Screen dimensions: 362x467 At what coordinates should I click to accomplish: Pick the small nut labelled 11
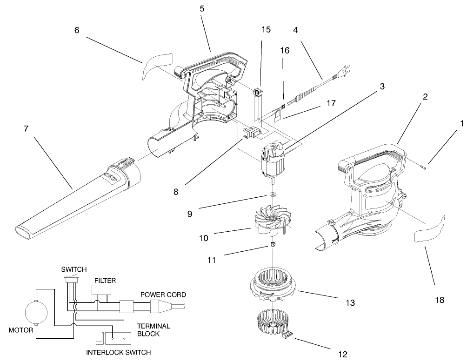pyautogui.click(x=272, y=245)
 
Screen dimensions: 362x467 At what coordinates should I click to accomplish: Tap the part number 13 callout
pyautogui.click(x=350, y=303)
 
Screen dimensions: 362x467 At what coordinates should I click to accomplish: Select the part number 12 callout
pyautogui.click(x=343, y=354)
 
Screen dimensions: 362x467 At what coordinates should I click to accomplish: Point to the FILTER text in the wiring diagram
pyautogui.click(x=105, y=281)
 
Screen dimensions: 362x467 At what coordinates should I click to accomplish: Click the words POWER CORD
pyautogui.click(x=163, y=295)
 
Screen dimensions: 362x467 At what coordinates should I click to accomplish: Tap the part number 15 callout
pyautogui.click(x=266, y=30)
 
